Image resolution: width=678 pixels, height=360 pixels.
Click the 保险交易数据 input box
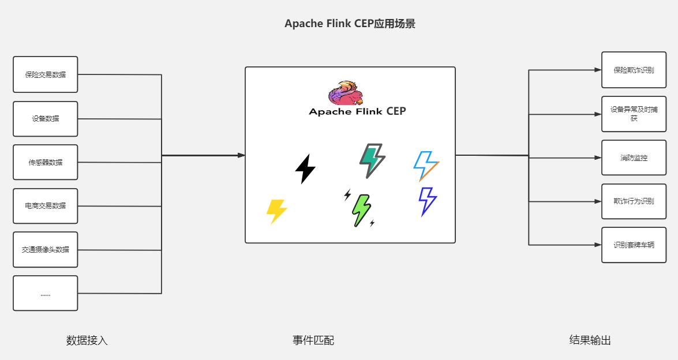(45, 74)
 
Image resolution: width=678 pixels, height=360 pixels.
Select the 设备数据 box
(45, 119)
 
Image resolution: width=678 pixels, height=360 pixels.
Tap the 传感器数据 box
(45, 163)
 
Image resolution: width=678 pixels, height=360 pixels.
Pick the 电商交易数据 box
(45, 206)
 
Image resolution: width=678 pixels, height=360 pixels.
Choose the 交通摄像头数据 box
(45, 250)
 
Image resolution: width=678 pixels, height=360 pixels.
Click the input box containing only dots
(45, 294)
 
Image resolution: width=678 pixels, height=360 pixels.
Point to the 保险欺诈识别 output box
(634, 70)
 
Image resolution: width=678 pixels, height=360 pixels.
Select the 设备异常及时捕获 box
(634, 114)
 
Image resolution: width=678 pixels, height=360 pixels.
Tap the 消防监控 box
(634, 157)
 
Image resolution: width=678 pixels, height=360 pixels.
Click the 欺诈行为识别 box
(634, 201)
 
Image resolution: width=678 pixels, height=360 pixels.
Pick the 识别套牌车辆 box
(634, 245)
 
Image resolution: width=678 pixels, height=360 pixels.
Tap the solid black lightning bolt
(305, 169)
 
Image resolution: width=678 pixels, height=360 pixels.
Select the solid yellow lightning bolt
(276, 212)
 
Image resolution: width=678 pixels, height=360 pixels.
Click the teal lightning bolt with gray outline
(372, 160)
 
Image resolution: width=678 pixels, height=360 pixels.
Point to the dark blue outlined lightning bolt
(428, 201)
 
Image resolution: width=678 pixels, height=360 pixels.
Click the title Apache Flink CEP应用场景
(350, 24)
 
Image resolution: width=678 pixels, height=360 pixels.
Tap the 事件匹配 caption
(313, 340)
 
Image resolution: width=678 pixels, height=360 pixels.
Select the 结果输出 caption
(590, 340)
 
